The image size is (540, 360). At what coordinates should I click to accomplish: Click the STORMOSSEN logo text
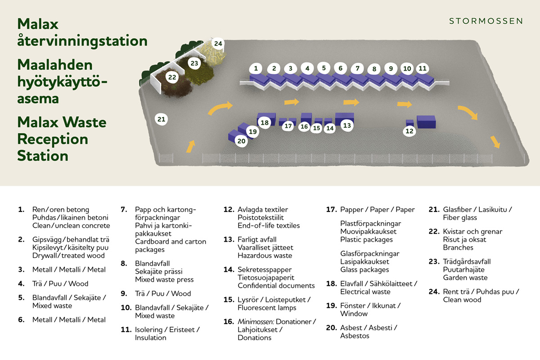pos(486,21)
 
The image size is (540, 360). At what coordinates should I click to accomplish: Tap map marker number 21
pos(161,119)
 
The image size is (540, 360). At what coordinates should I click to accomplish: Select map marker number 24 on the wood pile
pos(218,44)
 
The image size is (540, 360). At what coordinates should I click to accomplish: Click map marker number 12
pos(409,131)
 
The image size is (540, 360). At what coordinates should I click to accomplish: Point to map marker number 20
pos(242,141)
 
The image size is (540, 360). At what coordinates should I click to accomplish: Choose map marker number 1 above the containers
pos(256,68)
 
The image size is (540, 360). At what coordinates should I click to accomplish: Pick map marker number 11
pos(422,68)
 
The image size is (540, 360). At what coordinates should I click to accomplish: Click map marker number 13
pos(346,126)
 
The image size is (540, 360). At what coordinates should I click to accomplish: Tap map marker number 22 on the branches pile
pos(172,77)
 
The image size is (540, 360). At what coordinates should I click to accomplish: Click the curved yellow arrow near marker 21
pos(220,108)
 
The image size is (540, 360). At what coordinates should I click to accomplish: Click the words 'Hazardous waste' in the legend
pos(265,256)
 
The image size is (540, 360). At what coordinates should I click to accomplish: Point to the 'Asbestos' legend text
pos(355,336)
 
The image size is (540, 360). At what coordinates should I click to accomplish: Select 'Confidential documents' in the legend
pos(276,286)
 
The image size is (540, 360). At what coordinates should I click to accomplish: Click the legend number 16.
pos(229,322)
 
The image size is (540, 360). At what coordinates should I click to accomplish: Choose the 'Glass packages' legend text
pos(364,270)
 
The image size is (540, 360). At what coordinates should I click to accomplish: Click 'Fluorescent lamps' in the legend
pos(267,308)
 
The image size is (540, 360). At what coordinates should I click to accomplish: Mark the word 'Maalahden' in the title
pos(55,65)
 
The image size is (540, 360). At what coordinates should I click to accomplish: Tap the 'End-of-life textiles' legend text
pos(269,225)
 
